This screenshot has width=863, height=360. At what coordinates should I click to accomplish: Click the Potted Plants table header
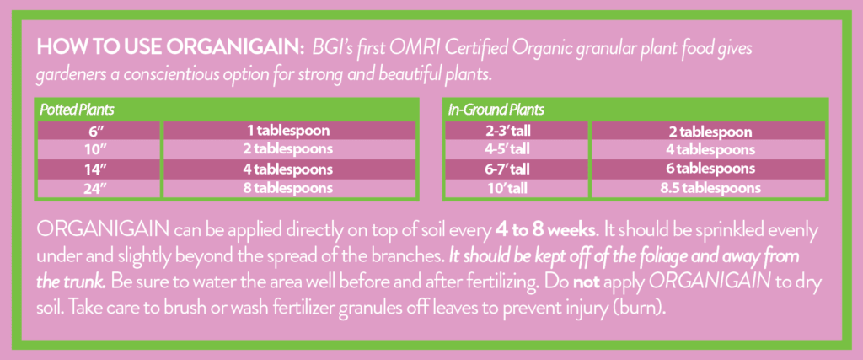click(77, 110)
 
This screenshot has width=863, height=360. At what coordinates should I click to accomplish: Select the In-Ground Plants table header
click(496, 110)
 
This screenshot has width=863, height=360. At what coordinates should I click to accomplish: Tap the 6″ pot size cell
click(99, 131)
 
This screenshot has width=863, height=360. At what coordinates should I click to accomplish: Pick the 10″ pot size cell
click(99, 149)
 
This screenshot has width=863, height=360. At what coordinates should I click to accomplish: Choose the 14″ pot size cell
click(99, 169)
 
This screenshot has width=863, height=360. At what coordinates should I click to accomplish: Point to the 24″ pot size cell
click(99, 188)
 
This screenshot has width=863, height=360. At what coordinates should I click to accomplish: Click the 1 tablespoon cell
click(290, 131)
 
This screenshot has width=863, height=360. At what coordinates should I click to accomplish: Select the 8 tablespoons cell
click(290, 188)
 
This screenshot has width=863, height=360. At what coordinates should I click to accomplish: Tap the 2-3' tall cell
click(517, 131)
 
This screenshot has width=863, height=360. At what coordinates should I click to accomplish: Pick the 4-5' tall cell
click(517, 149)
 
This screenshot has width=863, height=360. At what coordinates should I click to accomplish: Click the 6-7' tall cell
click(517, 169)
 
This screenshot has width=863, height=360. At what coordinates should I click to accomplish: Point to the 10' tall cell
click(517, 188)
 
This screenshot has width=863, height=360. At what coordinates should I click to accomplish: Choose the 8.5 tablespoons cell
click(708, 188)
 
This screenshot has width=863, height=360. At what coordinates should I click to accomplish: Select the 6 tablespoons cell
click(708, 169)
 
